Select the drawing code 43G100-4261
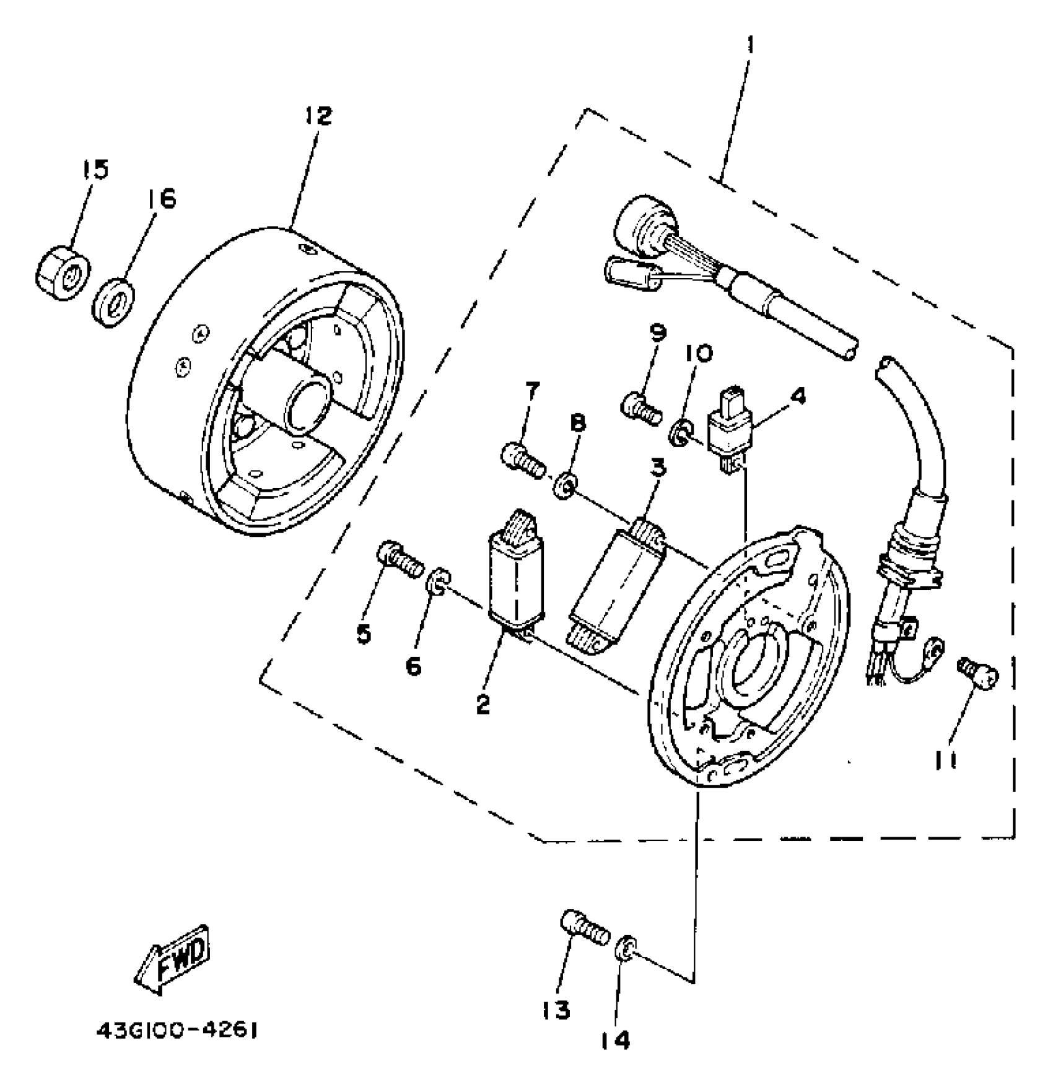tap(177, 1032)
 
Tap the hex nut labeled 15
tap(61, 273)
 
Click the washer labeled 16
tap(114, 302)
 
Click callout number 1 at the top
tap(749, 45)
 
